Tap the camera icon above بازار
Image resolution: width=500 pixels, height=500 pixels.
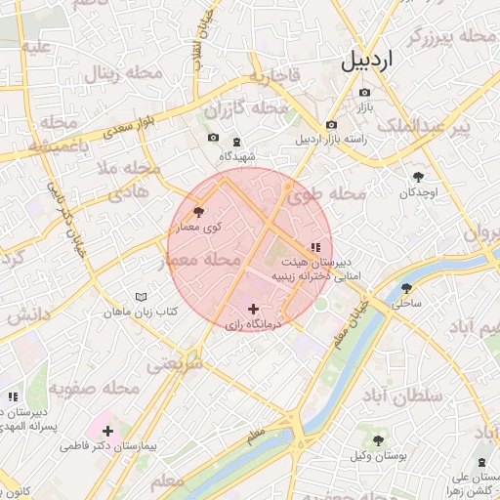(365, 92)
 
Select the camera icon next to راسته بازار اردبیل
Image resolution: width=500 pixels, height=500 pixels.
(331, 125)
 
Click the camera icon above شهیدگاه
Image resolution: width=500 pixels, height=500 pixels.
(213, 139)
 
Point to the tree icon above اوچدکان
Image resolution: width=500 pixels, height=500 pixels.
(419, 177)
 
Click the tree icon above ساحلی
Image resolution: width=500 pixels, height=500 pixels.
(406, 288)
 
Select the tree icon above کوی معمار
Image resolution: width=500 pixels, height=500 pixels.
(199, 211)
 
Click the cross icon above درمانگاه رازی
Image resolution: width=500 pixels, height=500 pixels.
(253, 309)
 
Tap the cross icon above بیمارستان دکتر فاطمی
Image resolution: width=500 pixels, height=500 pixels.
(107, 431)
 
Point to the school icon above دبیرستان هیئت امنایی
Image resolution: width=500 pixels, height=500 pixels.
(314, 248)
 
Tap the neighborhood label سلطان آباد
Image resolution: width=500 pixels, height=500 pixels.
(401, 396)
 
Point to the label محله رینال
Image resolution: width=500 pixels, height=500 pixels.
(116, 73)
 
